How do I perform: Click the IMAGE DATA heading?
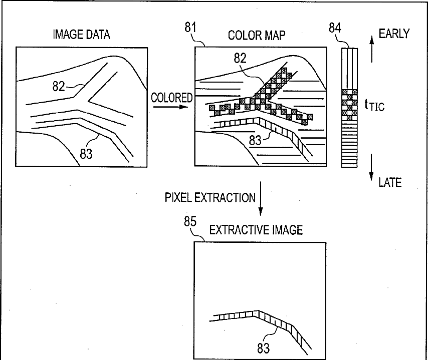point(81,35)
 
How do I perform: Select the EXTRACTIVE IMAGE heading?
point(256,230)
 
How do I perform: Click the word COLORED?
point(172,98)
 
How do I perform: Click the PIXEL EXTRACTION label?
point(210,197)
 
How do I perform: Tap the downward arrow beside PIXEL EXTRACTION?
point(261,200)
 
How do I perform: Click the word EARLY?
point(394,34)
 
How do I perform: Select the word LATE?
point(390,182)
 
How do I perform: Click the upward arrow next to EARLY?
point(371,48)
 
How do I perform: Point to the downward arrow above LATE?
point(371,168)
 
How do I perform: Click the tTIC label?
point(374,105)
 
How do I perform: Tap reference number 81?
point(190,28)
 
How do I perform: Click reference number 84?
point(335,28)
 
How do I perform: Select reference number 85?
point(189,222)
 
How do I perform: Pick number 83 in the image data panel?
point(86,154)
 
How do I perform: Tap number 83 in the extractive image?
point(263,348)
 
